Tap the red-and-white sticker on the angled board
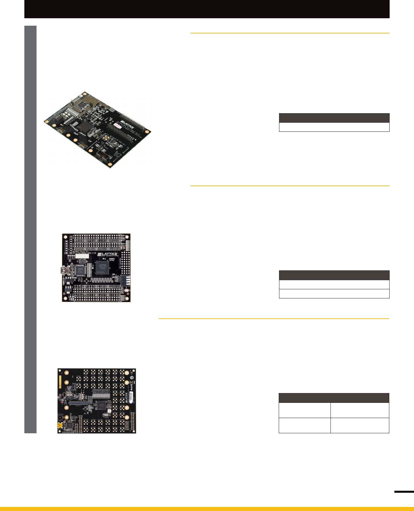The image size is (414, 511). tap(117, 125)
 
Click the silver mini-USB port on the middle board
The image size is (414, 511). tap(64, 270)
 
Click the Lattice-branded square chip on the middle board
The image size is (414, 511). tap(102, 267)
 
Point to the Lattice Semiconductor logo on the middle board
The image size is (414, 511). tap(107, 254)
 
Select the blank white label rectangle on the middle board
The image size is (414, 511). tap(82, 256)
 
